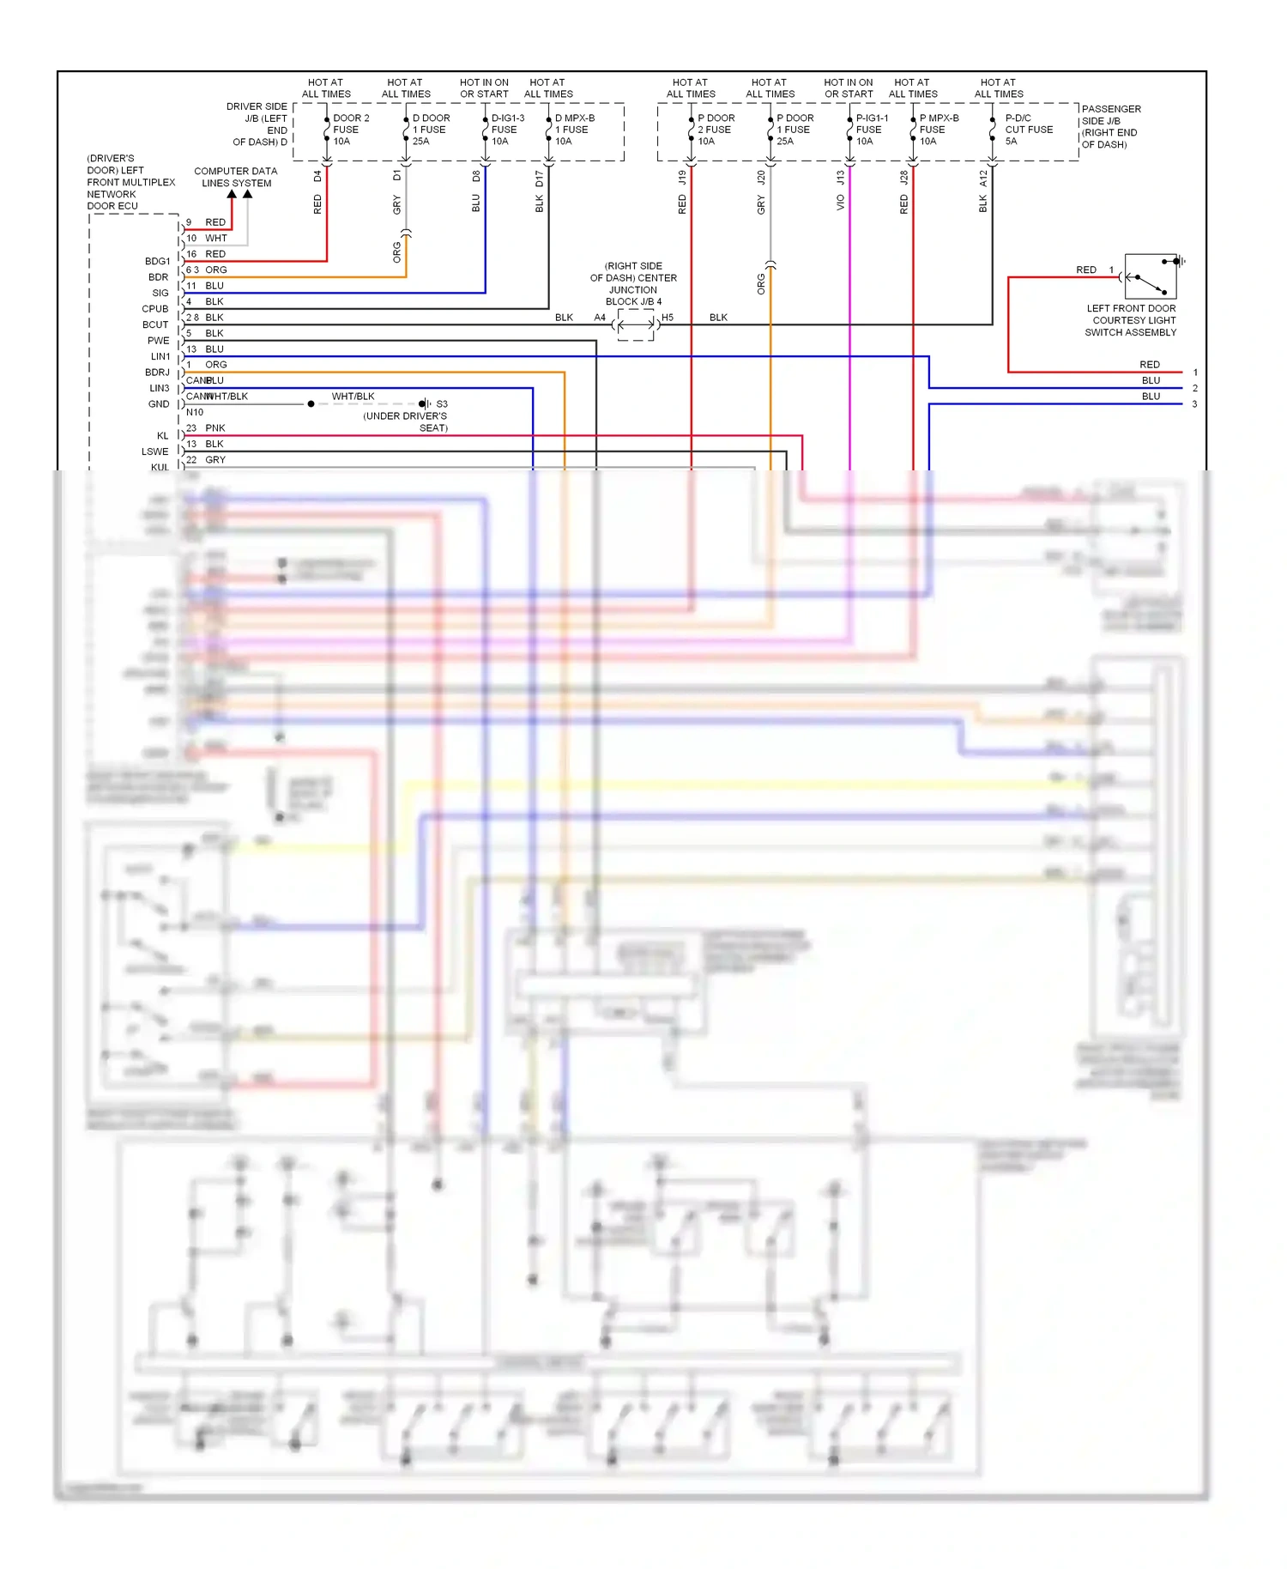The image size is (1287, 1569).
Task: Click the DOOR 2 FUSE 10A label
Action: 350,130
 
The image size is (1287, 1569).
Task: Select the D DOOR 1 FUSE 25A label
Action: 430,130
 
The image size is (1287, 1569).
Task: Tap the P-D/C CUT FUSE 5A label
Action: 1028,130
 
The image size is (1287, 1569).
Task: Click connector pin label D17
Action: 540,179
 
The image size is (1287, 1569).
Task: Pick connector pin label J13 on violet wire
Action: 841,178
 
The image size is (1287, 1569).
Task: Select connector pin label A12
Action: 983,179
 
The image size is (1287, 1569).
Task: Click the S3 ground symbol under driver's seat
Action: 426,403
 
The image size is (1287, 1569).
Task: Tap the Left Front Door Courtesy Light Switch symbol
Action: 1151,276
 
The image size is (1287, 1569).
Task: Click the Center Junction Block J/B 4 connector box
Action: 635,324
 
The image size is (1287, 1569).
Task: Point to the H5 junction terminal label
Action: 668,318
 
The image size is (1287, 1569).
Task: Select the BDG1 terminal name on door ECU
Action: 157,261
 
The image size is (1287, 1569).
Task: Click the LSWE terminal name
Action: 155,451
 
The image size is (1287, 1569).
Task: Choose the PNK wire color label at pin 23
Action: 215,427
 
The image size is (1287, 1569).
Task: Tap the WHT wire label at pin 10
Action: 216,238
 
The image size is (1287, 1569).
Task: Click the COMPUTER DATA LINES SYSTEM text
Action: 236,177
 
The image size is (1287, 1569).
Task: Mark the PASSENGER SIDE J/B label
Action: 1110,126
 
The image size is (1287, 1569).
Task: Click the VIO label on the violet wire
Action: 841,203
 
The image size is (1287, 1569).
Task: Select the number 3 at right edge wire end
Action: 1194,403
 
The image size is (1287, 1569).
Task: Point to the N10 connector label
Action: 195,412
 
